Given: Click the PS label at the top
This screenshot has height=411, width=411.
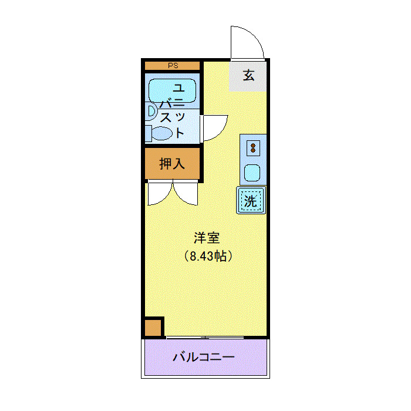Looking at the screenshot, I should coord(173,66).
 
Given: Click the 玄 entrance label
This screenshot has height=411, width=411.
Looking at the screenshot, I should coord(249,76).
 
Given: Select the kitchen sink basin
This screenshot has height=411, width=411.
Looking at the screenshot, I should coord(253,173).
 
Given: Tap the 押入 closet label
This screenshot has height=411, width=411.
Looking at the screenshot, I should coord(173,163).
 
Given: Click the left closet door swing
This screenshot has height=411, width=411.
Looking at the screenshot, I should coord(160,194).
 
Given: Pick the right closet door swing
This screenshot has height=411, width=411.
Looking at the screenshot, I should coord(186,194).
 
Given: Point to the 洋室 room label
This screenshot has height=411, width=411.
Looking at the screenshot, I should coord(207,238).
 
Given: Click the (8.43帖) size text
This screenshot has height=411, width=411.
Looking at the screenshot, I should coord(207,256).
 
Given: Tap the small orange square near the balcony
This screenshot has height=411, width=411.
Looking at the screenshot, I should coord(153,327).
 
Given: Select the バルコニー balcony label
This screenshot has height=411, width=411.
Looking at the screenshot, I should coord(204,357).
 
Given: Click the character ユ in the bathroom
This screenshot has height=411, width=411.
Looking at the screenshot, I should coord(179,88).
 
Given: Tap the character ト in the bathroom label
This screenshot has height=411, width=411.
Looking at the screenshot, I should coord(180,133).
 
